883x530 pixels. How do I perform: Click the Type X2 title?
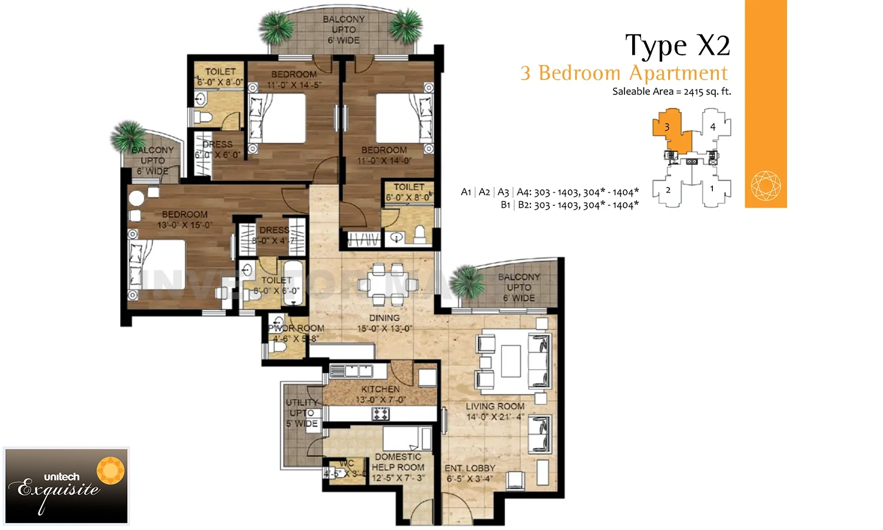pyautogui.click(x=677, y=46)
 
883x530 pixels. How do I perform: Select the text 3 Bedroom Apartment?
pyautogui.click(x=624, y=73)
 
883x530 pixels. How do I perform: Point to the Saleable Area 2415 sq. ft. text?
pyautogui.click(x=671, y=91)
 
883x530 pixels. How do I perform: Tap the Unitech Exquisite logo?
pyautogui.click(x=66, y=486)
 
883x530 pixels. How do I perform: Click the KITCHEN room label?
pyautogui.click(x=380, y=394)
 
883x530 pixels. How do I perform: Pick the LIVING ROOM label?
pyautogui.click(x=494, y=411)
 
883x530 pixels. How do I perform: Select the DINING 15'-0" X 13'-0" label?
pyautogui.click(x=384, y=323)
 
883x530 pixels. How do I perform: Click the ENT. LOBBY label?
pyautogui.click(x=470, y=473)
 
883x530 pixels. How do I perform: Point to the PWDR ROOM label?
pyautogui.click(x=296, y=333)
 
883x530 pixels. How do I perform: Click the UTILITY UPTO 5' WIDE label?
pyautogui.click(x=302, y=413)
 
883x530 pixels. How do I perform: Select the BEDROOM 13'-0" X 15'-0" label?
pyautogui.click(x=184, y=220)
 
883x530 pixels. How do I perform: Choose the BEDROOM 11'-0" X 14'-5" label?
pyautogui.click(x=294, y=79)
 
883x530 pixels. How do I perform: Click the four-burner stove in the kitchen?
pyautogui.click(x=380, y=413)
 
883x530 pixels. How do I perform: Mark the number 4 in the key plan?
pyautogui.click(x=712, y=127)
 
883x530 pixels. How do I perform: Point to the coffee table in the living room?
pyautogui.click(x=510, y=361)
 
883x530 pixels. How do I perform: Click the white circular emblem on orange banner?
pyautogui.click(x=766, y=185)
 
